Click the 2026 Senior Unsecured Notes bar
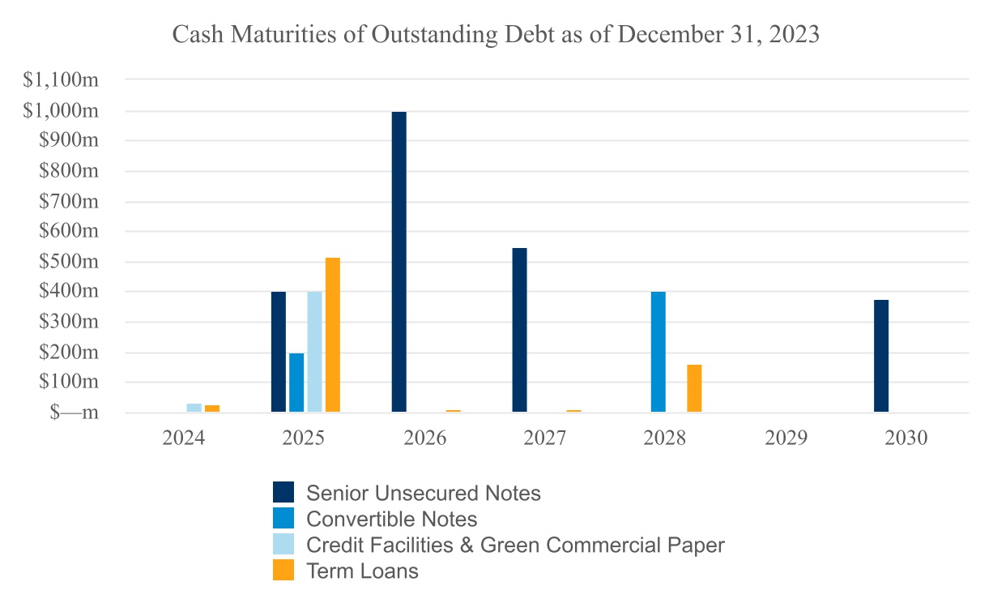point(398,262)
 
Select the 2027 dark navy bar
point(519,330)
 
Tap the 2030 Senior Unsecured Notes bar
point(881,356)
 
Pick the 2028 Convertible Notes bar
point(658,352)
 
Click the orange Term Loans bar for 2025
point(333,335)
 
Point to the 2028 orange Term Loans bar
point(694,388)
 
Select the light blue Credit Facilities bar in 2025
point(315,352)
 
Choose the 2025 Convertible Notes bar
point(296,383)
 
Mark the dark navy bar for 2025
point(279,352)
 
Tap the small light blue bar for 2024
point(194,408)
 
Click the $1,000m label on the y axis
point(61,110)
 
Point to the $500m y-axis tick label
point(69,261)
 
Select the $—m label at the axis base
point(74,412)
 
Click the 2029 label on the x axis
point(786,438)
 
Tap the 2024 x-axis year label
point(183,438)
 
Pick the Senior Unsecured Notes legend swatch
point(283,492)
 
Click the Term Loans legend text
point(362,571)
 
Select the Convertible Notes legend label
point(391,519)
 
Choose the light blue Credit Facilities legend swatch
point(283,545)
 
